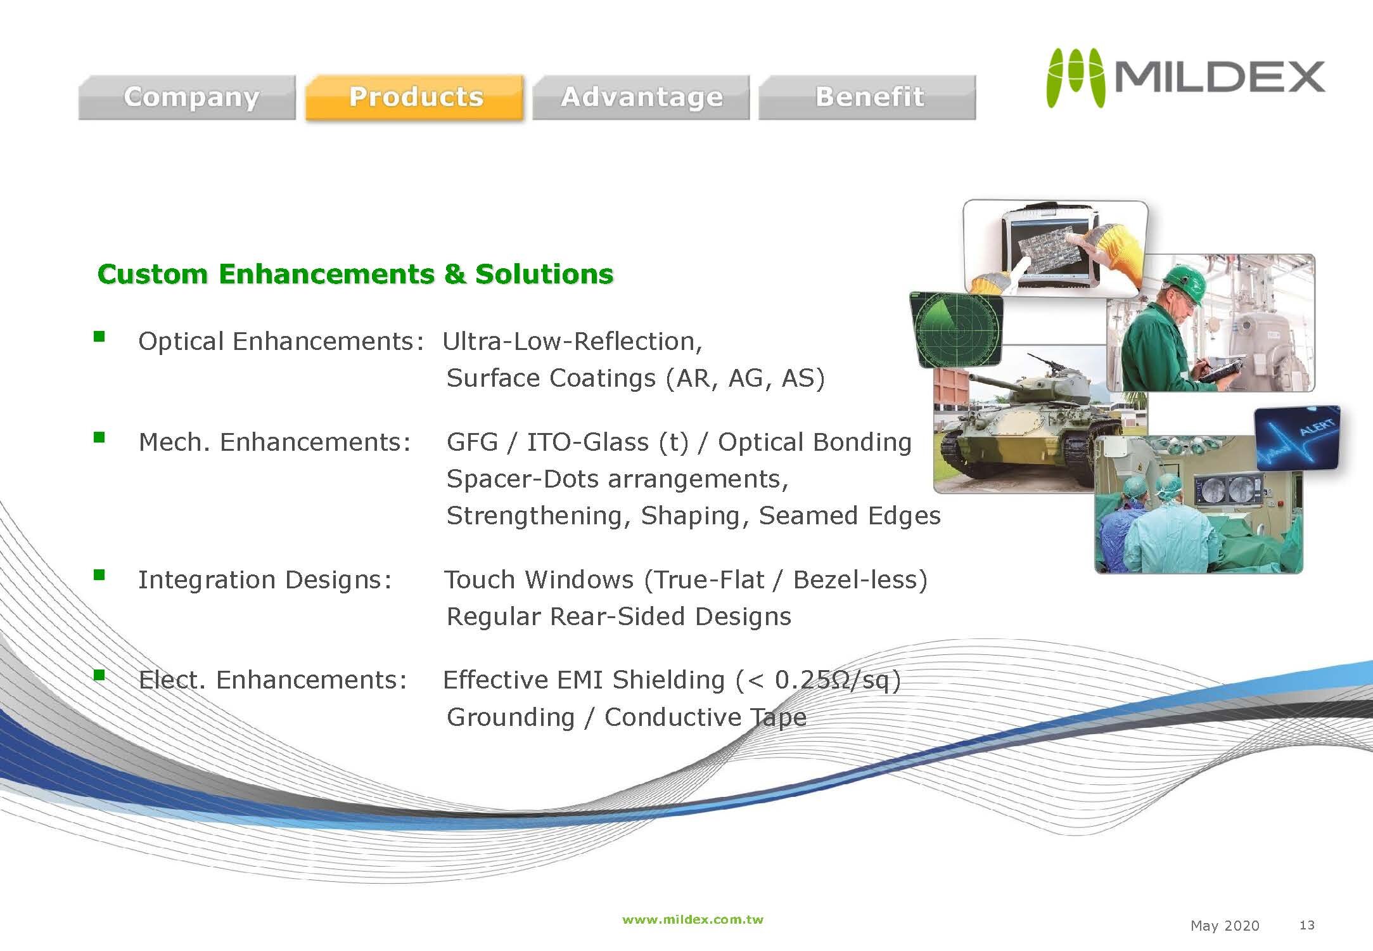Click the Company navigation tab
[187, 97]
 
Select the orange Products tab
[415, 97]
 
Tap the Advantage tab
[641, 97]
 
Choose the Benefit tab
[867, 97]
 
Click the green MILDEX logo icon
[1075, 77]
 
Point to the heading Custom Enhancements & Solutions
[355, 274]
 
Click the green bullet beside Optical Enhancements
[99, 336]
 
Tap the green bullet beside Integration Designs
[99, 574]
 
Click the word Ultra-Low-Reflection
[572, 341]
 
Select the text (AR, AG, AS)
[745, 378]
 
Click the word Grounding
[510, 718]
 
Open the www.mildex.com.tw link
[693, 919]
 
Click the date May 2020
[1225, 926]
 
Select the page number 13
[1306, 925]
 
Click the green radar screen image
[956, 328]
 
